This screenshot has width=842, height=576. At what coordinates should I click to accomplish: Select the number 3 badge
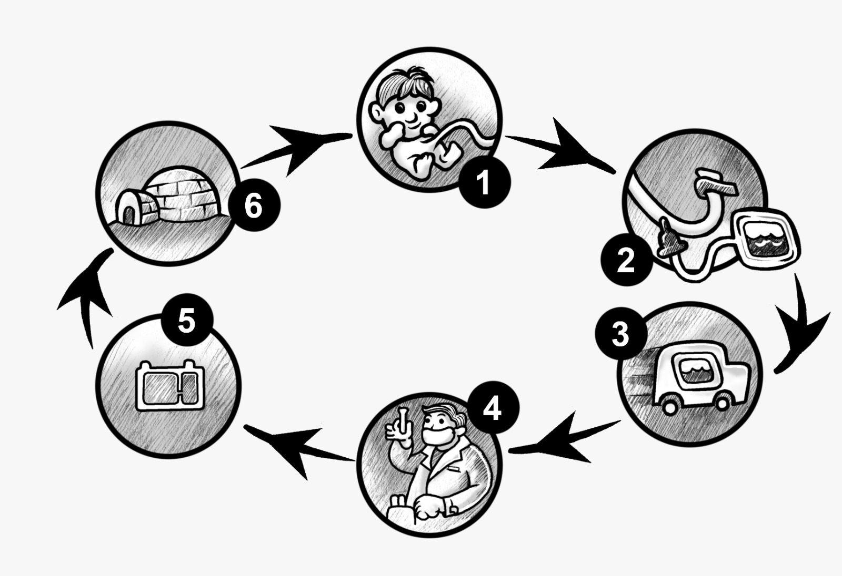point(620,334)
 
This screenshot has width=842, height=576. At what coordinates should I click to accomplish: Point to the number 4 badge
point(492,409)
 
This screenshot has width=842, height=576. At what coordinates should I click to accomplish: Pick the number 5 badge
point(187,321)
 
